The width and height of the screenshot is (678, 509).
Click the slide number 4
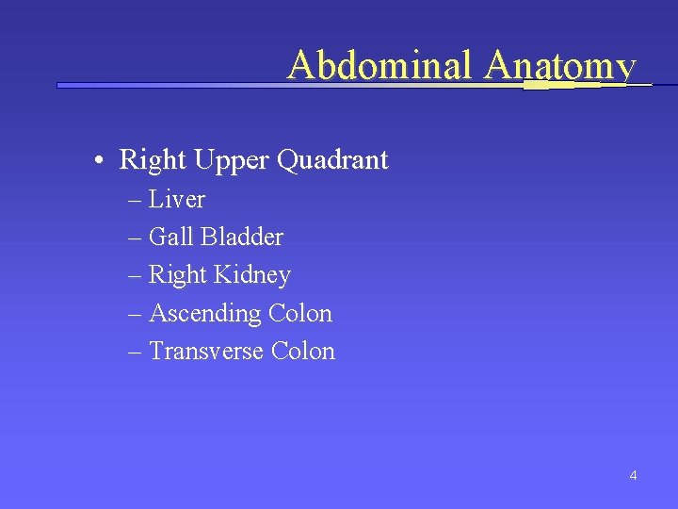(x=633, y=475)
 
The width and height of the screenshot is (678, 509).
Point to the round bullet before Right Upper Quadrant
(x=99, y=160)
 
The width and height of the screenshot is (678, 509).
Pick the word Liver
(x=177, y=199)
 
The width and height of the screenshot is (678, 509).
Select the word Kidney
(x=252, y=274)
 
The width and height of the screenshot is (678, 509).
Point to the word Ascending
(x=205, y=313)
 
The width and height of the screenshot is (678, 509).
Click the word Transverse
(x=207, y=351)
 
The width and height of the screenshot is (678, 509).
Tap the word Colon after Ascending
(x=300, y=313)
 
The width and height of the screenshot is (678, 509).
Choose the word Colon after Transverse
(x=303, y=351)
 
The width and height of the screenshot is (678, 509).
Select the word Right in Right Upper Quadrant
(x=153, y=161)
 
